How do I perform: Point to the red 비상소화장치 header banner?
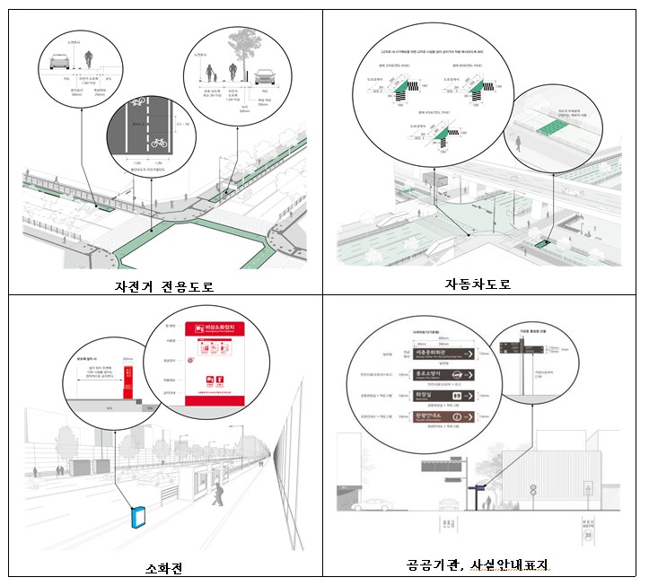tap(222, 331)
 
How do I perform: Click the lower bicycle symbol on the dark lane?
tap(158, 142)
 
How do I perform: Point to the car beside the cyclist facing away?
tap(59, 61)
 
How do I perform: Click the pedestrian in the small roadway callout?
tap(518, 143)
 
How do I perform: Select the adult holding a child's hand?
tap(212, 72)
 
